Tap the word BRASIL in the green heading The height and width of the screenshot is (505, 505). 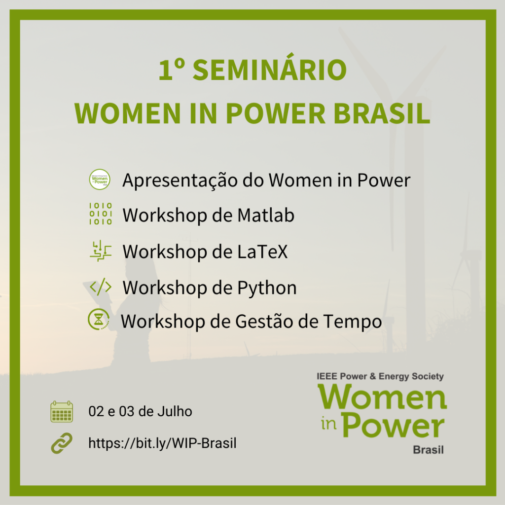coord(382,113)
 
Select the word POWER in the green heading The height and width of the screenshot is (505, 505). coord(276,113)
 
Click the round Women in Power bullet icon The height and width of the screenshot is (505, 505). coord(100,180)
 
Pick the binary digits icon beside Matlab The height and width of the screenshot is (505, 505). coord(101,214)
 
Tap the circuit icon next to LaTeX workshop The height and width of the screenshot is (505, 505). coord(101,251)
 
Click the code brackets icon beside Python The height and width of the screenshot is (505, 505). coord(101,287)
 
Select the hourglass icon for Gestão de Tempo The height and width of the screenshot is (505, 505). coord(99,320)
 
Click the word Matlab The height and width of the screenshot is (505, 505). coord(266,215)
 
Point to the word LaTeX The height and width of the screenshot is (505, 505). coord(262,252)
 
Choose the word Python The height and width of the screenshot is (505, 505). coord(267,288)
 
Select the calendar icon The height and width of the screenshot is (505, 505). coord(62,412)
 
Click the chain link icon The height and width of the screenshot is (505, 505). coord(62,443)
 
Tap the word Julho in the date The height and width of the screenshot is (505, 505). coord(175,412)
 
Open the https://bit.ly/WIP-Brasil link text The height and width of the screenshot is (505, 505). coord(162,443)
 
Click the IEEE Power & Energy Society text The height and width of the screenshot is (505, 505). coord(380,376)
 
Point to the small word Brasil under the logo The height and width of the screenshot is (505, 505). coord(428,450)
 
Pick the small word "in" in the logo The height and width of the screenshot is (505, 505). coord(328,424)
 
